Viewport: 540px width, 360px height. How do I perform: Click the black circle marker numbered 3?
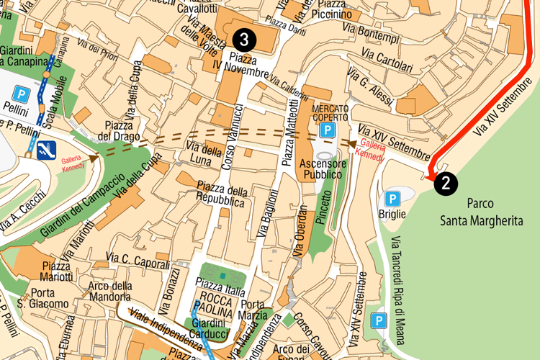coord(245,37)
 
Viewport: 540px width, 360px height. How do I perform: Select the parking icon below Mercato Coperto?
coord(328,130)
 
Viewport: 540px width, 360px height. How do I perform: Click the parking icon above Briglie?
coord(392,198)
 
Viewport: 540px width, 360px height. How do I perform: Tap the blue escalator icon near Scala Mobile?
coord(48,150)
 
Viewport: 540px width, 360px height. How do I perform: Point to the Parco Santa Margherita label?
coord(495,212)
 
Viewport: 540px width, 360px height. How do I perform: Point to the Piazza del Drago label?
coord(117,131)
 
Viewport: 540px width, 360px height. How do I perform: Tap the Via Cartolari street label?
coord(387,60)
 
